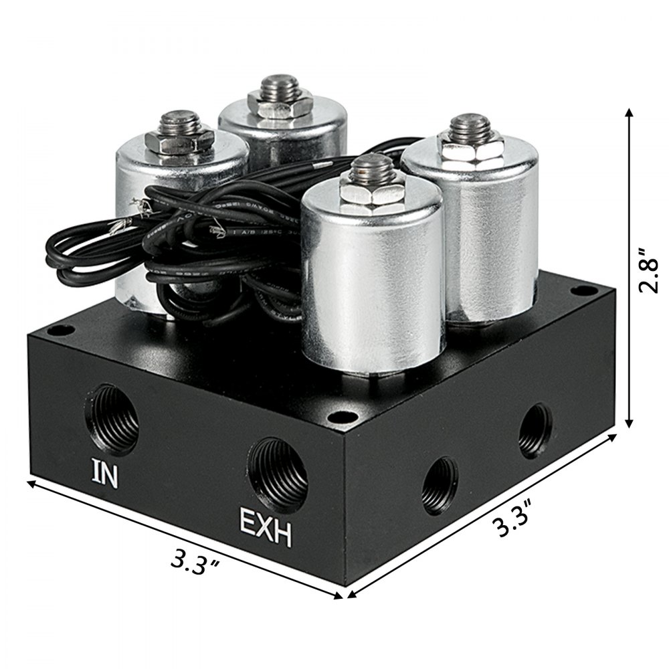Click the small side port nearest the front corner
440,483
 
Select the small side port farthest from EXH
535,429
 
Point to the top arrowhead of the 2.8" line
630,113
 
